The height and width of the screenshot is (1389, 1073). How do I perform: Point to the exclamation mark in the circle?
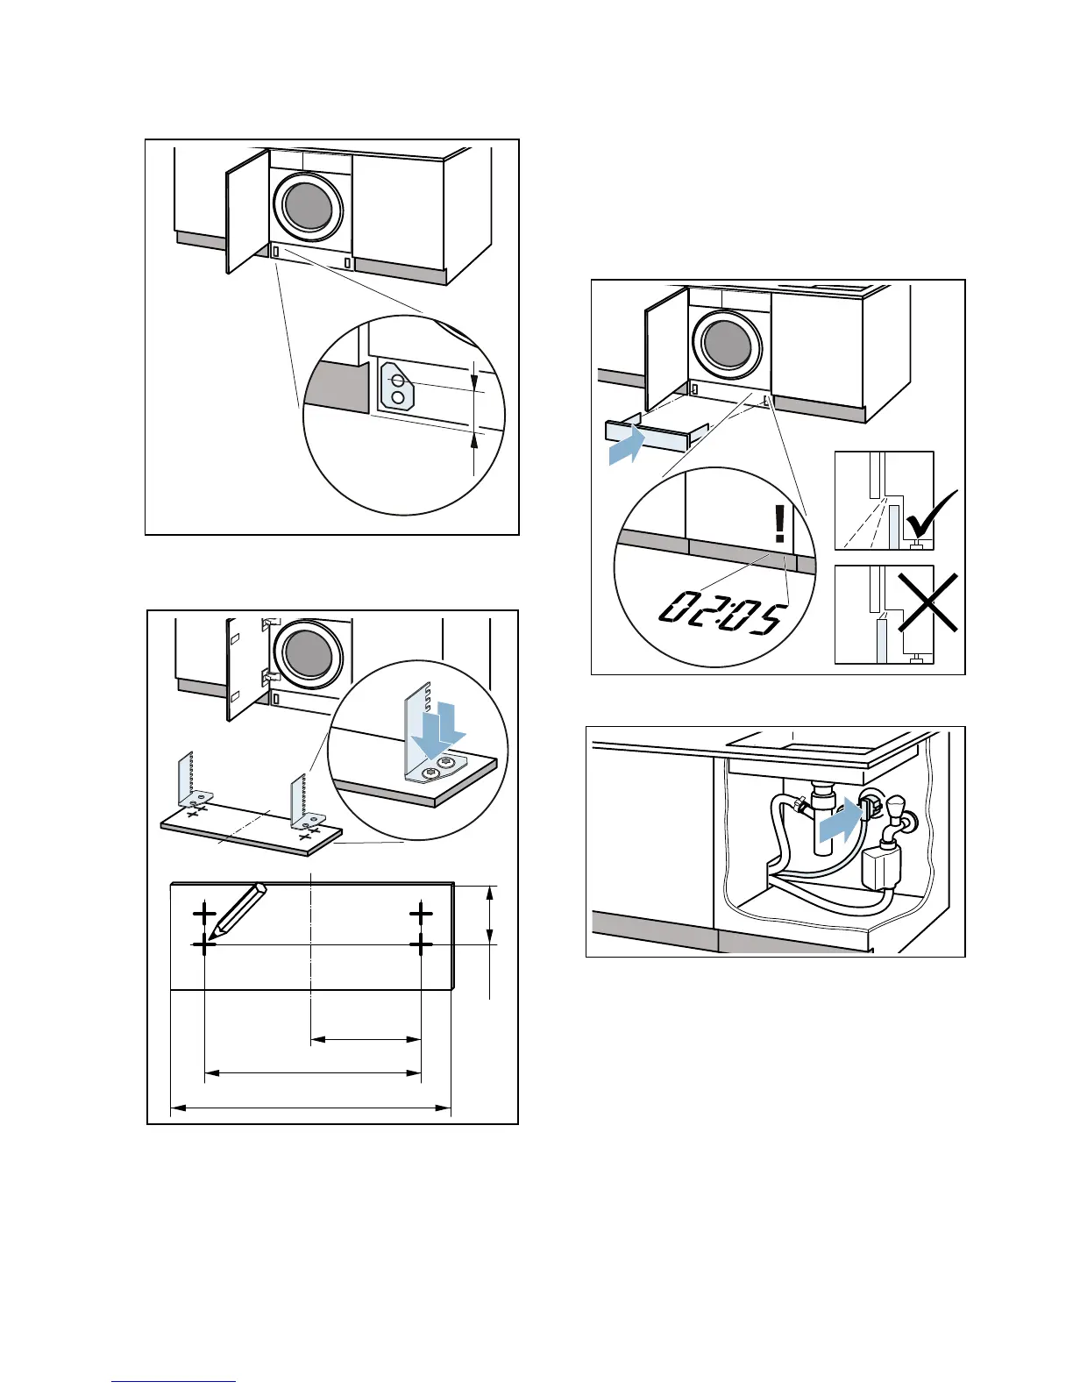[x=779, y=524]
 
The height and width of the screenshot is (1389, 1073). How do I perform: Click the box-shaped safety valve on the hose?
[x=880, y=869]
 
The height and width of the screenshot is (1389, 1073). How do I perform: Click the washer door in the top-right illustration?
[x=727, y=343]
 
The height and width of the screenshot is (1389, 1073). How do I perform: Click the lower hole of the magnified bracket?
[x=398, y=399]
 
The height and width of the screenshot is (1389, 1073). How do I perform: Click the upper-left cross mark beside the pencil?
[x=204, y=914]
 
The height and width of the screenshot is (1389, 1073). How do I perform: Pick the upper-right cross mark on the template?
[x=421, y=914]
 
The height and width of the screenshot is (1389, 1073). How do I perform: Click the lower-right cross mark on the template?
[x=421, y=944]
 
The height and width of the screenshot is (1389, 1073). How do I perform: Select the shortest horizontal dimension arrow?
[x=366, y=1040]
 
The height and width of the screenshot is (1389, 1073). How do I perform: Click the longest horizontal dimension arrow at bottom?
[x=310, y=1108]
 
